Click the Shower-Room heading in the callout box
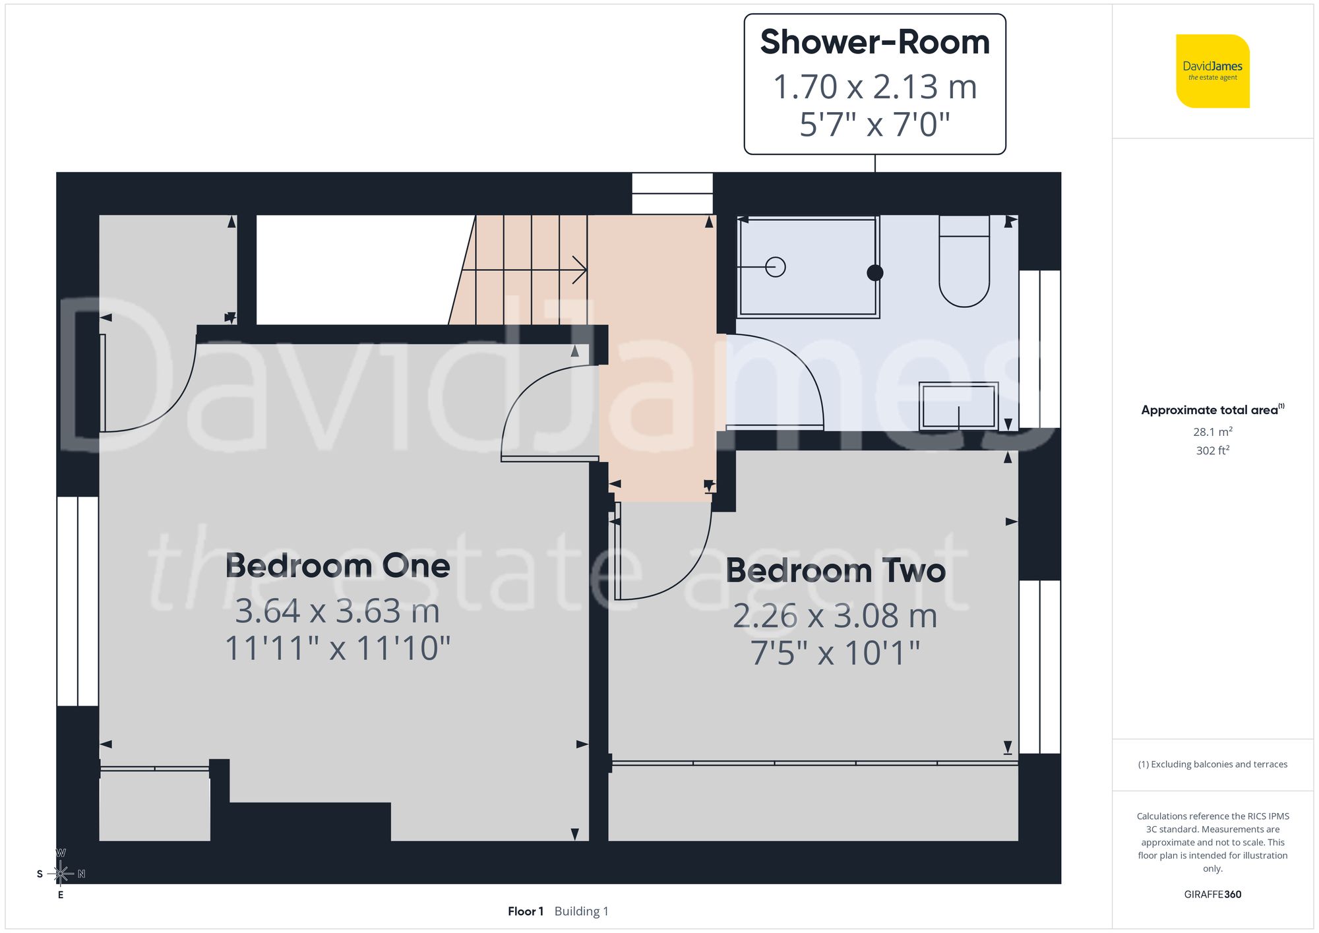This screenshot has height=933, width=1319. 874,42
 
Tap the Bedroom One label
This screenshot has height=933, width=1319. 338,566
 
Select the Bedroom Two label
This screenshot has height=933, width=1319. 836,570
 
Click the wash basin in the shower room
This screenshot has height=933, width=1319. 958,406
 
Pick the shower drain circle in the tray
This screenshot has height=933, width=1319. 776,267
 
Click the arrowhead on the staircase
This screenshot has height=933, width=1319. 580,270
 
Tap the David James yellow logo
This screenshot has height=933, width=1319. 1212,71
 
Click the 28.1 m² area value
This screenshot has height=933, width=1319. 1212,432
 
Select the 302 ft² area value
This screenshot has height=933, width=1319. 1212,450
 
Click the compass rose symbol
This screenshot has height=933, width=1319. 61,874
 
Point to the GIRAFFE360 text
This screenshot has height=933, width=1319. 1212,894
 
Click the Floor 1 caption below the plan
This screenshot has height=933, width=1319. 526,911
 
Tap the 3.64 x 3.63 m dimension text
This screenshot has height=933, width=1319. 338,611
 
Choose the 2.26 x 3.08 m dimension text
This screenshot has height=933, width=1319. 835,616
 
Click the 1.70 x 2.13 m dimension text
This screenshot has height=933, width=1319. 874,87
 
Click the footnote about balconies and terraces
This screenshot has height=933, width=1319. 1212,764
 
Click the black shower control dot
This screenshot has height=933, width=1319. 875,272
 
